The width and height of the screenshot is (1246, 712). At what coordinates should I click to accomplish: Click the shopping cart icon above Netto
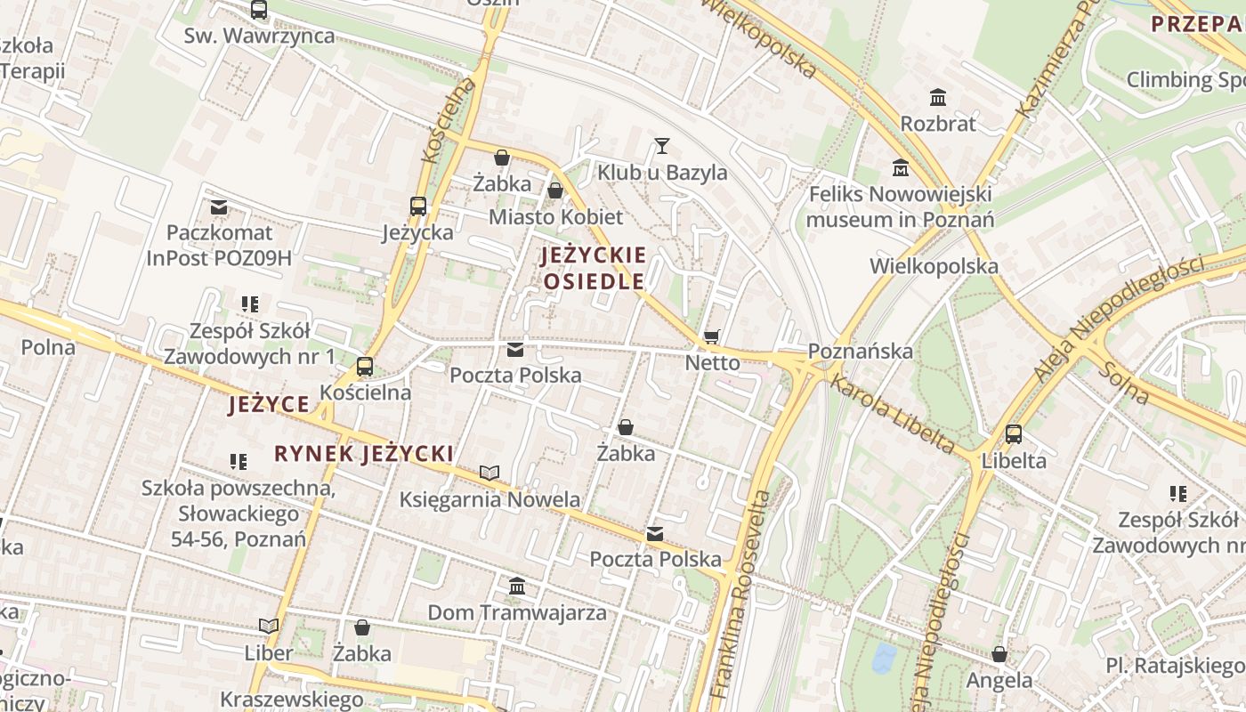pyautogui.click(x=711, y=336)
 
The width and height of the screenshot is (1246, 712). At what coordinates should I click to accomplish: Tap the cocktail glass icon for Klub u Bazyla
pyautogui.click(x=661, y=145)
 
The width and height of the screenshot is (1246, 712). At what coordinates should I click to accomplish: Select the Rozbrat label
pyautogui.click(x=938, y=123)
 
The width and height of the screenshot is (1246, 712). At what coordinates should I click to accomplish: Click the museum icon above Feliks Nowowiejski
pyautogui.click(x=901, y=167)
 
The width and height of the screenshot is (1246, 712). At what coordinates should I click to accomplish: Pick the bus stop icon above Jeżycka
pyautogui.click(x=417, y=206)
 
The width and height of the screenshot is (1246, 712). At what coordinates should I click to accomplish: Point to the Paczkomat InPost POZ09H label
pyautogui.click(x=219, y=246)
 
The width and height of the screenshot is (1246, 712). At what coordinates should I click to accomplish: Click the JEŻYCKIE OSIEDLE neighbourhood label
pyautogui.click(x=594, y=268)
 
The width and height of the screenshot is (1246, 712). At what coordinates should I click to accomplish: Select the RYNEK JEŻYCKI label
pyautogui.click(x=364, y=454)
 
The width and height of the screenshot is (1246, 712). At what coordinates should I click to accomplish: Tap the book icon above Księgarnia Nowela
pyautogui.click(x=489, y=473)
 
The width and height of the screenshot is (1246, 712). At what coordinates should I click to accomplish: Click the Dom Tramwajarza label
pyautogui.click(x=517, y=612)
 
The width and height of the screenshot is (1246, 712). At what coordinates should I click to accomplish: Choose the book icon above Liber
pyautogui.click(x=269, y=626)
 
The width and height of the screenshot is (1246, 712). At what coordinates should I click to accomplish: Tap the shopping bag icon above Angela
pyautogui.click(x=999, y=654)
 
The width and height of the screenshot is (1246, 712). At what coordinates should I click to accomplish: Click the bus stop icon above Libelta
pyautogui.click(x=1013, y=434)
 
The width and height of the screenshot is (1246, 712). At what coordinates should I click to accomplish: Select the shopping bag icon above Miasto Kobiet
pyautogui.click(x=555, y=190)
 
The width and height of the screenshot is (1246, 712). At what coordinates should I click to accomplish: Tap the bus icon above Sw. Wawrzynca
pyautogui.click(x=259, y=10)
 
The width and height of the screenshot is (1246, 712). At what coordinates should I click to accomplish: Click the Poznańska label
pyautogui.click(x=862, y=351)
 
